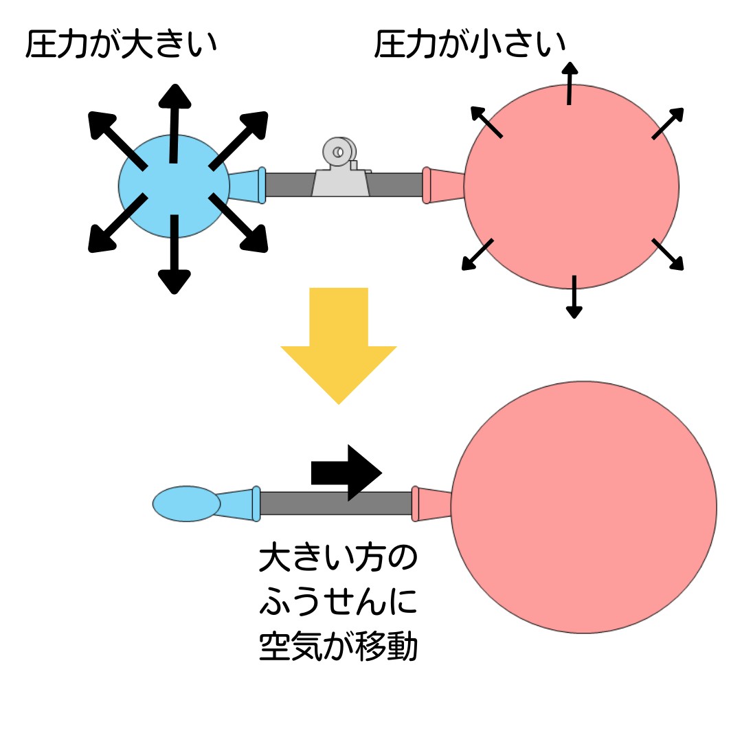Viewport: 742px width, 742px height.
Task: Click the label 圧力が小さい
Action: pyautogui.click(x=470, y=45)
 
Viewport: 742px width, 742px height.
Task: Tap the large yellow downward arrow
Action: pyautogui.click(x=339, y=344)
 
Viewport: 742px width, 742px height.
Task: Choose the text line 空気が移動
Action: pyautogui.click(x=338, y=647)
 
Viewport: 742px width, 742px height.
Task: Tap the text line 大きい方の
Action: pyautogui.click(x=338, y=561)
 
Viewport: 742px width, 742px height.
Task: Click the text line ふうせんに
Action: pyautogui.click(x=338, y=603)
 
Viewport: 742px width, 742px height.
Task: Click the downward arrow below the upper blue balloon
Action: pyautogui.click(x=175, y=254)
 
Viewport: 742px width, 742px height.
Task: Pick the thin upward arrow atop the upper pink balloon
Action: pyautogui.click(x=569, y=82)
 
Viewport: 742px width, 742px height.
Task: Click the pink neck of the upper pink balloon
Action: pyautogui.click(x=443, y=185)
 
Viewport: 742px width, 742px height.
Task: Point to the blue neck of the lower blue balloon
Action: pyautogui.click(x=237, y=504)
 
